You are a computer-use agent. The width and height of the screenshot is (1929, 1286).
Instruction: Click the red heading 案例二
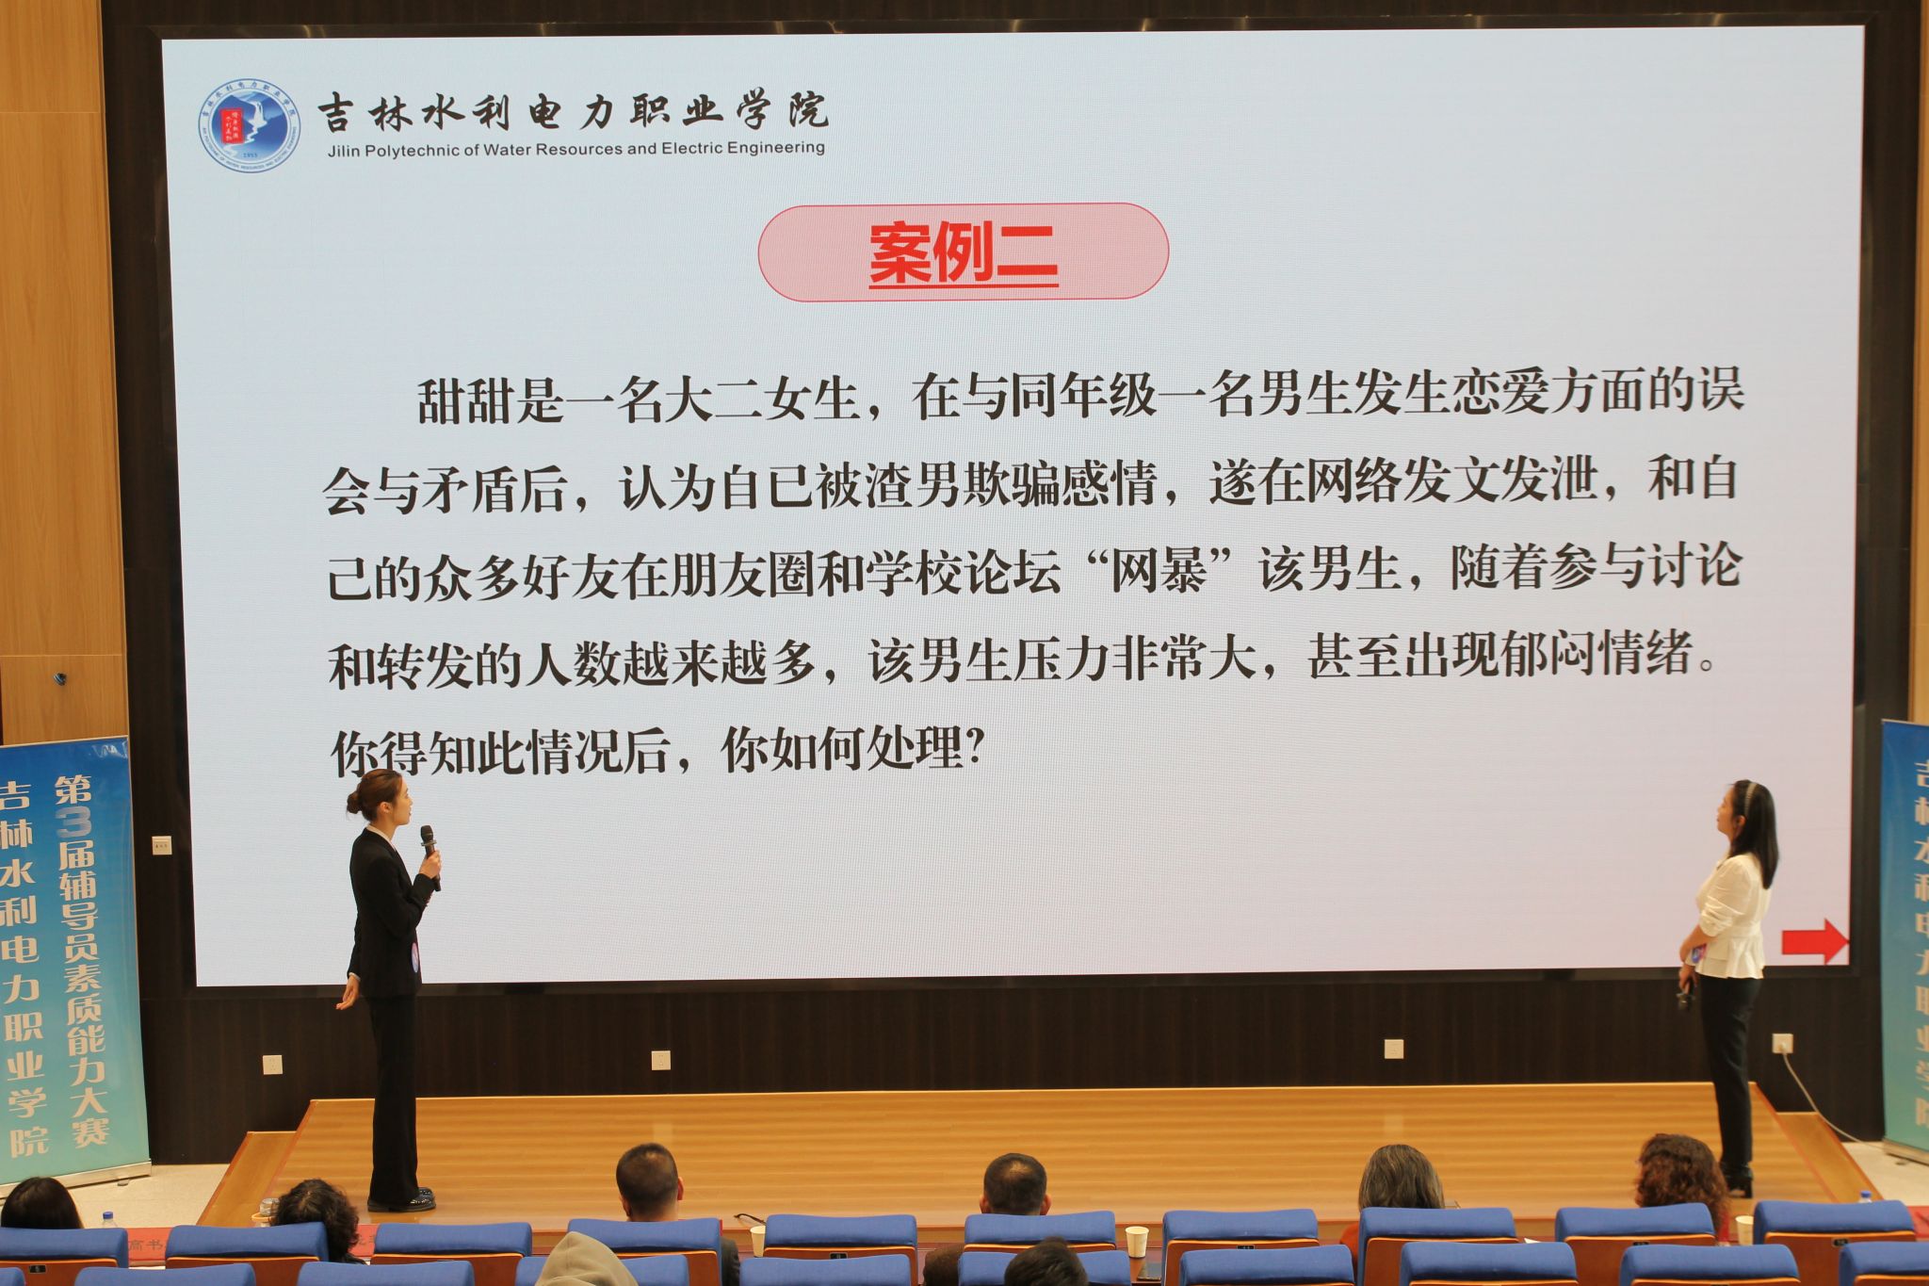(x=963, y=252)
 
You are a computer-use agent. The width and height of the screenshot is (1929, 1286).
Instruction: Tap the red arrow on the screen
(x=1815, y=941)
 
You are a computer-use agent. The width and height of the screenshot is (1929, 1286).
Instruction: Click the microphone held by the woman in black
(x=430, y=855)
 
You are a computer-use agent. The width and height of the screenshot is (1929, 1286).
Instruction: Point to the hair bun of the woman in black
(x=354, y=802)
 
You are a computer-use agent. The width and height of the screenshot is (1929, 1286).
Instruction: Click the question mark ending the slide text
(x=976, y=749)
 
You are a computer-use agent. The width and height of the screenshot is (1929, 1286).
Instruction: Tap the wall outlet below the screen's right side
(x=1394, y=1049)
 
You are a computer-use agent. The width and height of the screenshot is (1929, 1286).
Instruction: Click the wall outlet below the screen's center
(x=660, y=1060)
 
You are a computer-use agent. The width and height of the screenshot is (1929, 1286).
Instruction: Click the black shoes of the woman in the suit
(x=403, y=1200)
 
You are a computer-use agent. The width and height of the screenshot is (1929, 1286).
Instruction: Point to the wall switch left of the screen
(x=162, y=845)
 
